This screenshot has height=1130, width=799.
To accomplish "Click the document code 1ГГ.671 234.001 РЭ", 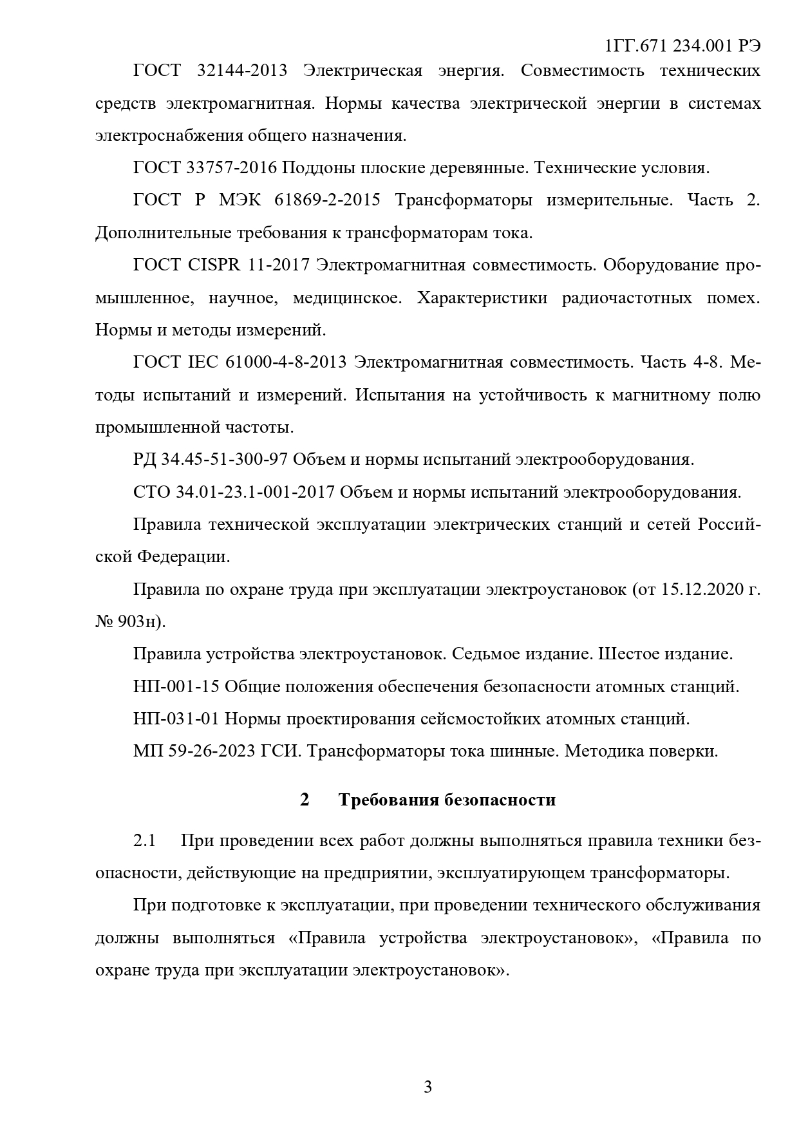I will click(683, 46).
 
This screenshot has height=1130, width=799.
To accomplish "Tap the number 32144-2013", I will click(241, 70).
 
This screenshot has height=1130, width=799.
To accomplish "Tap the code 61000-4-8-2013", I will click(287, 363).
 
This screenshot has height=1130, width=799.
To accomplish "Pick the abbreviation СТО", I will click(152, 493).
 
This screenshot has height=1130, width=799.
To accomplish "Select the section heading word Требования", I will click(388, 800).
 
